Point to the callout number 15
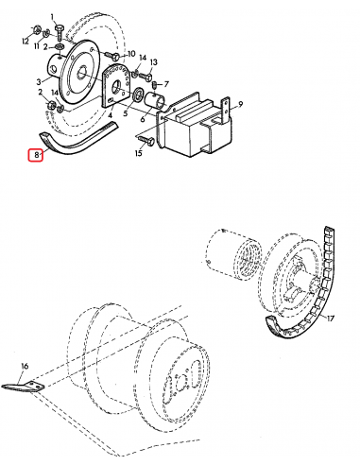pyautogui.click(x=140, y=153)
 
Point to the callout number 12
pyautogui.click(x=25, y=43)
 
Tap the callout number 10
pyautogui.click(x=131, y=54)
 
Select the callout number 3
pyautogui.click(x=41, y=81)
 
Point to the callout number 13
pyautogui.click(x=154, y=61)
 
